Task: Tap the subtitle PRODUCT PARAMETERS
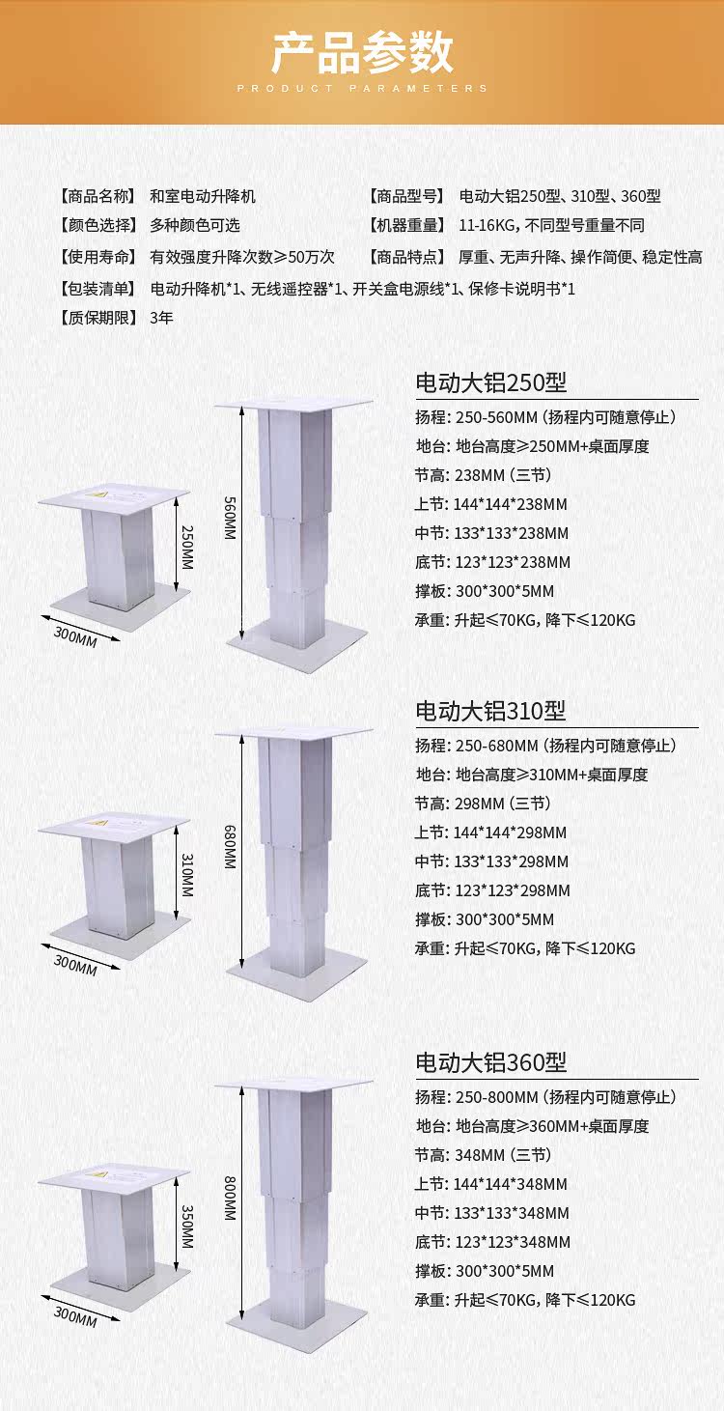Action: pyautogui.click(x=362, y=88)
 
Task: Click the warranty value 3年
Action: pyautogui.click(x=162, y=318)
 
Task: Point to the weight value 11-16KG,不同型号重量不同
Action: pyautogui.click(x=551, y=226)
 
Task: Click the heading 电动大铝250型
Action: pyautogui.click(x=490, y=383)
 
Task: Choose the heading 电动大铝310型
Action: pyautogui.click(x=490, y=711)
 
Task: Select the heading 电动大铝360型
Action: pyautogui.click(x=490, y=1062)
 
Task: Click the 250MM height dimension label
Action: pyautogui.click(x=186, y=547)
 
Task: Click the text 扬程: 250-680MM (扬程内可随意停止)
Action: pyautogui.click(x=545, y=746)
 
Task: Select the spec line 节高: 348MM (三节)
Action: pyautogui.click(x=483, y=1155)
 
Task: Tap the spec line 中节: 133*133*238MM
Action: pyautogui.click(x=492, y=533)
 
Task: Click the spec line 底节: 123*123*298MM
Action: pyautogui.click(x=493, y=890)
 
